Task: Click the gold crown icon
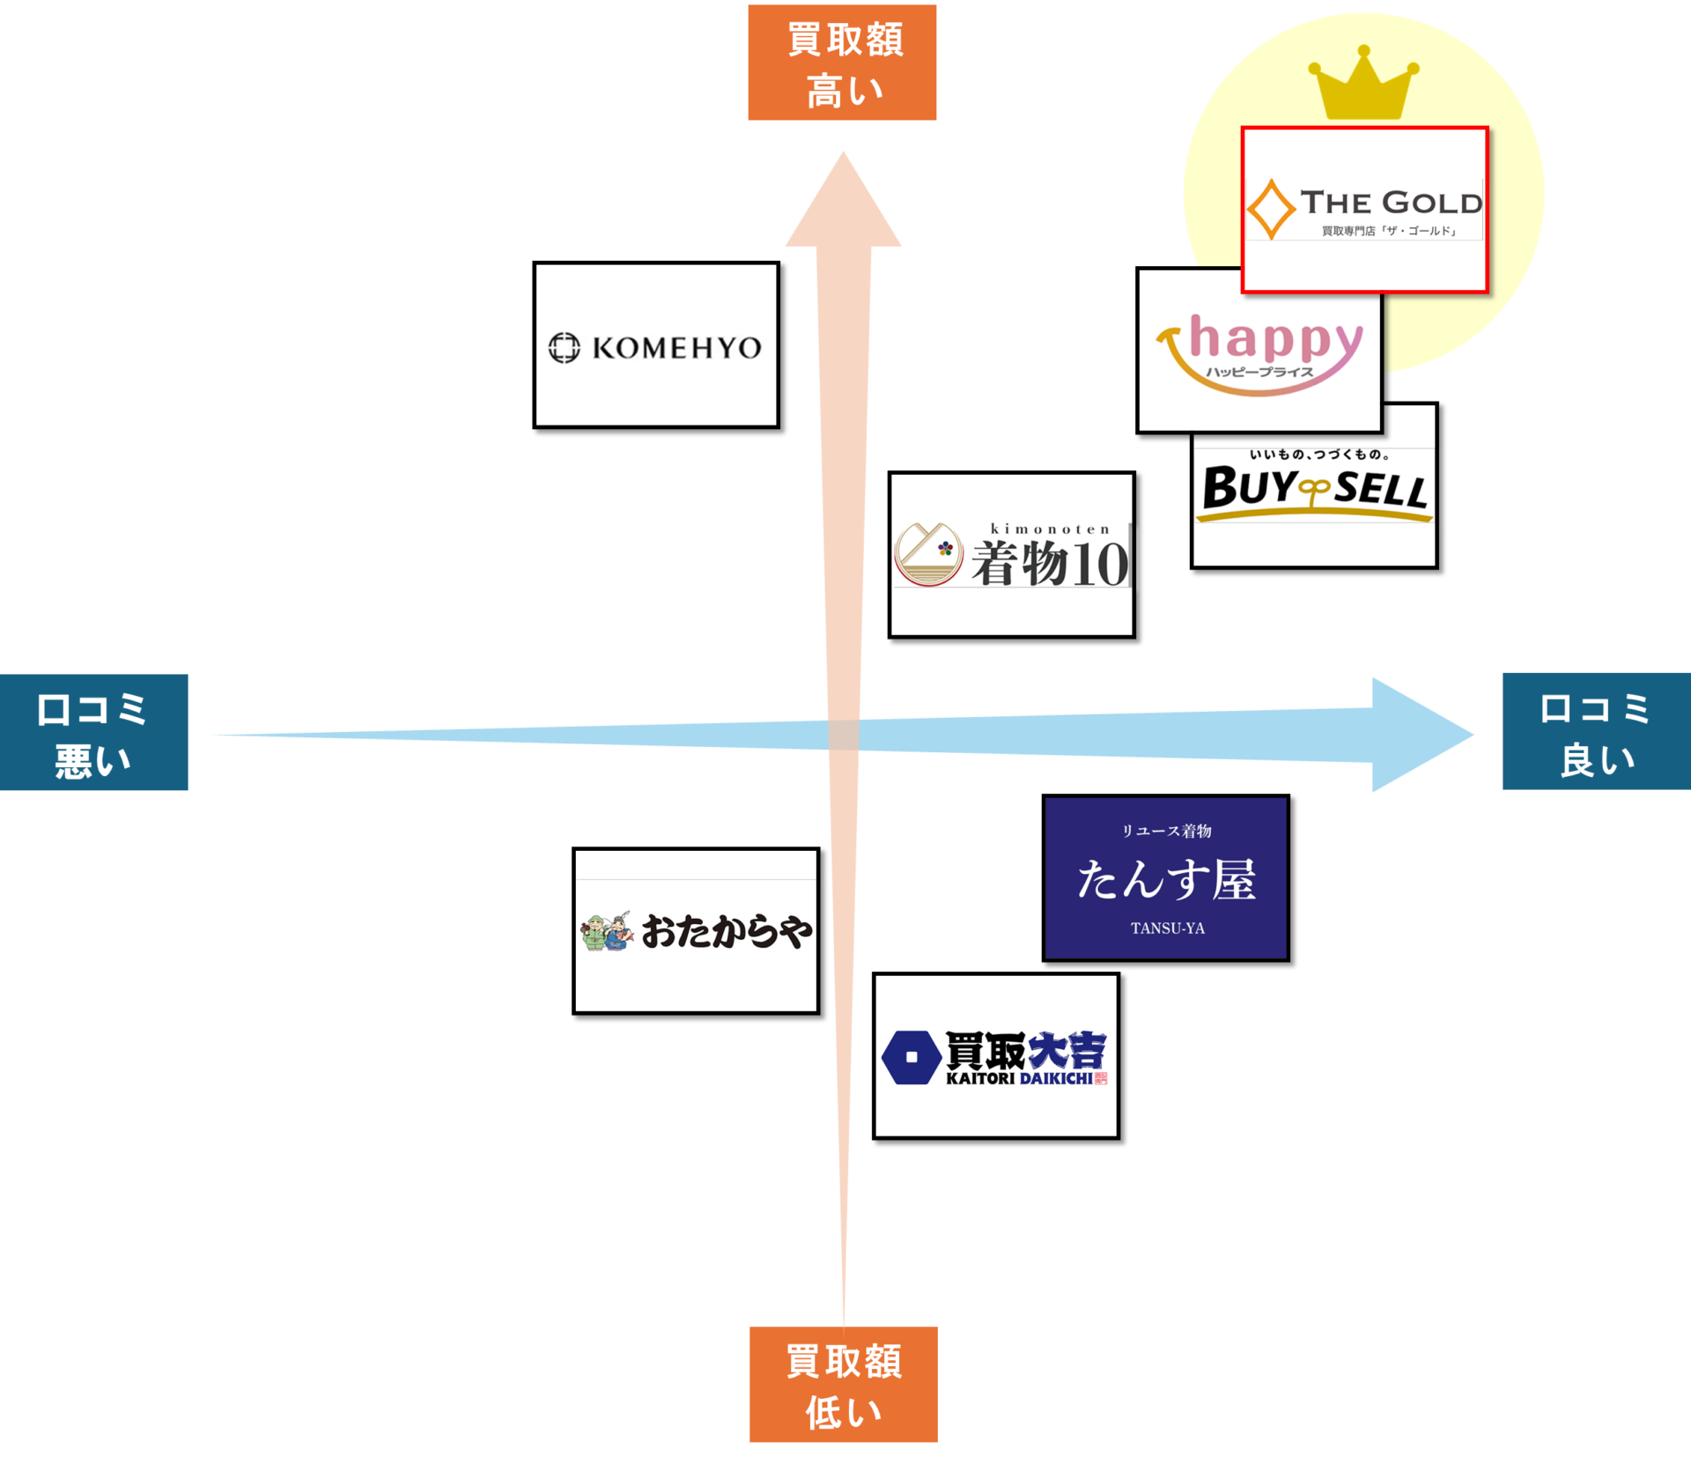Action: coord(1363,85)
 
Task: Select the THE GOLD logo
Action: coord(1364,210)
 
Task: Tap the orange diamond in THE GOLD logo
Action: coord(1271,210)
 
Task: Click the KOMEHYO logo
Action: coord(656,345)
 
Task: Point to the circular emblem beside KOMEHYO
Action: coord(565,348)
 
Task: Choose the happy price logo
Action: coord(1259,351)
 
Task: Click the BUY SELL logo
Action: coord(1314,486)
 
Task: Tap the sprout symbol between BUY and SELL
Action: coord(1316,490)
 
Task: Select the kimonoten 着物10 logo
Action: coord(1011,555)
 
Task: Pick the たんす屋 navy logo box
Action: coord(1165,877)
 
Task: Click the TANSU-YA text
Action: coord(1167,928)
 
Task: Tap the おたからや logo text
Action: coord(727,931)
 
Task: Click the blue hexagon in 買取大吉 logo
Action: coord(912,1056)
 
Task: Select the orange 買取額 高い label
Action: coord(842,63)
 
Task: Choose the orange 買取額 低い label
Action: coord(843,1384)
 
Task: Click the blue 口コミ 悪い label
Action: coord(93,732)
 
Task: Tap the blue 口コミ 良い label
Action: coord(1596,731)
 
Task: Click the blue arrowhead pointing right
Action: coord(1418,735)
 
